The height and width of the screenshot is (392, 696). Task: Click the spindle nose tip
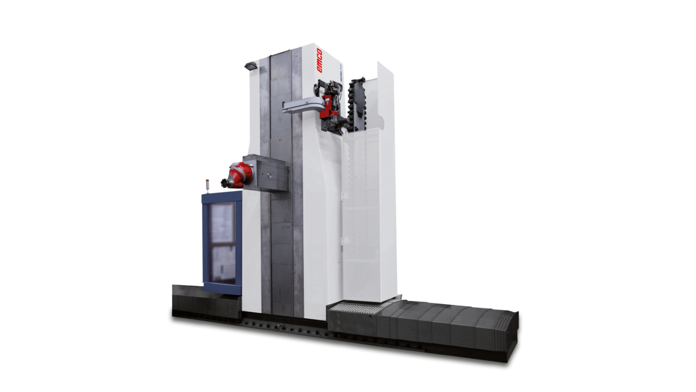223,184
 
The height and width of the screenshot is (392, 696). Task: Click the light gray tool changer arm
302,106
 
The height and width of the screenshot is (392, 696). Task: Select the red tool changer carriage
331,103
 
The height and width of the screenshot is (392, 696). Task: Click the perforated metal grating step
351,306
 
